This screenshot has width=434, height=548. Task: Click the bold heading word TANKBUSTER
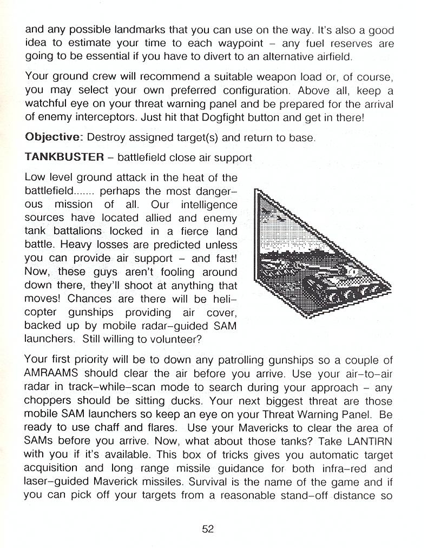pos(64,157)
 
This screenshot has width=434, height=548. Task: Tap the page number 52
pos(208,529)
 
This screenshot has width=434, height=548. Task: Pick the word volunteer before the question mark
pos(174,340)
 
